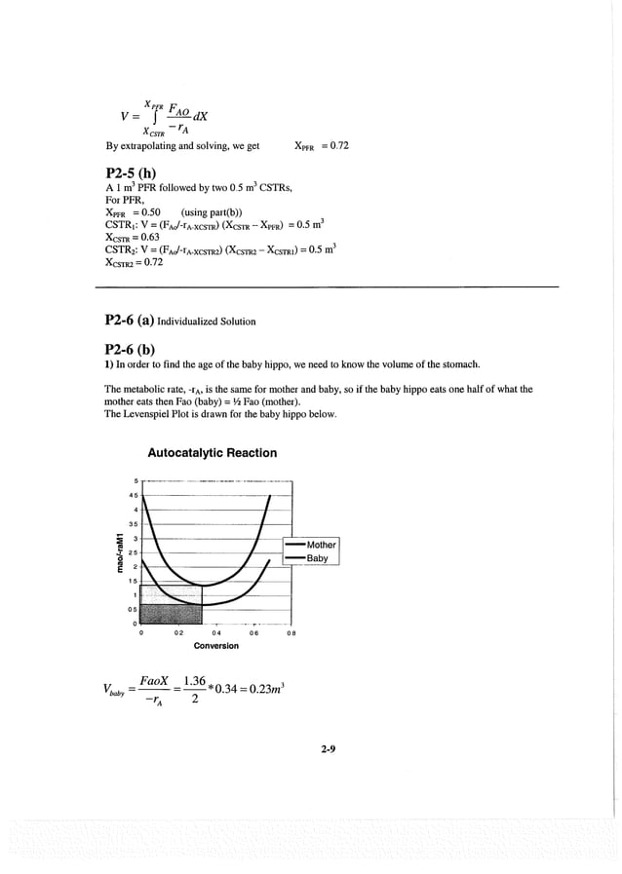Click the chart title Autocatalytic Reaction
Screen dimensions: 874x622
[x=212, y=453]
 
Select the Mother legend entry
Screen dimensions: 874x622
[x=321, y=545]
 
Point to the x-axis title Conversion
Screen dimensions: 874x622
[x=216, y=646]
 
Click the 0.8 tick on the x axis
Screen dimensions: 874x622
[x=291, y=632]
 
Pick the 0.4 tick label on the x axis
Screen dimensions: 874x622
[x=216, y=632]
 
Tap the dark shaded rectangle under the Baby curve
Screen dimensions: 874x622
[x=172, y=613]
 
